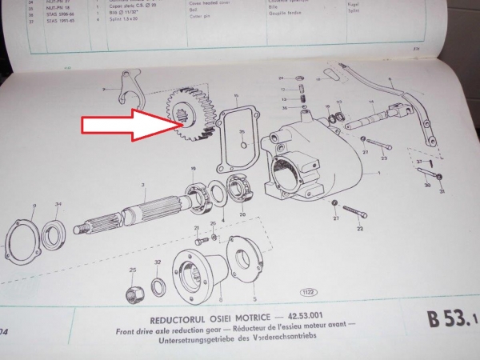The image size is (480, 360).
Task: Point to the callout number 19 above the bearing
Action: pyautogui.click(x=193, y=168)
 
